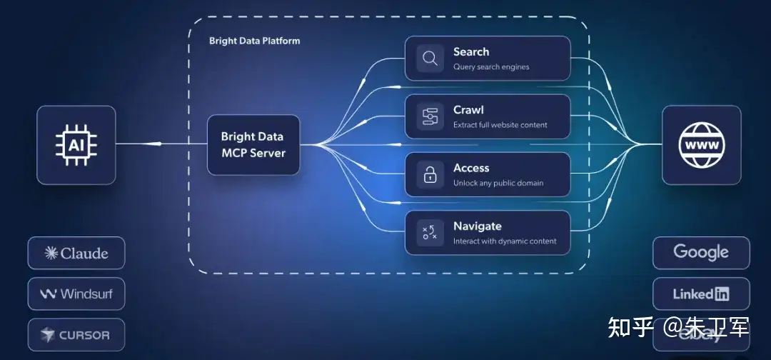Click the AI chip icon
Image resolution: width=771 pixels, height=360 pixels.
pyautogui.click(x=76, y=145)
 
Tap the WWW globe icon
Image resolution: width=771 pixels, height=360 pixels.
pyautogui.click(x=702, y=145)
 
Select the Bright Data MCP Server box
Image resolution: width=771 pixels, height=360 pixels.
pyautogui.click(x=253, y=145)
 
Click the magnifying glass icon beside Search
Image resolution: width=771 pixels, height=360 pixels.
pyautogui.click(x=430, y=59)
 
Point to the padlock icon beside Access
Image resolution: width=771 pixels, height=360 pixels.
pyautogui.click(x=430, y=174)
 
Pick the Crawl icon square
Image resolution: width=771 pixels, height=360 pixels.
pyautogui.click(x=430, y=116)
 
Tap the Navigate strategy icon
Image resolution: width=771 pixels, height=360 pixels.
pyautogui.click(x=430, y=232)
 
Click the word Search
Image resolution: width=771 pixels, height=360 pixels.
pyautogui.click(x=471, y=51)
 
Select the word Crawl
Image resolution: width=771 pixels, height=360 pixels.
pyautogui.click(x=468, y=110)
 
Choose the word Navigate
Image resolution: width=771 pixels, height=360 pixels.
pyautogui.click(x=477, y=226)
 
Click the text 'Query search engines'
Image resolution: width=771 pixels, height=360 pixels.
pyautogui.click(x=491, y=67)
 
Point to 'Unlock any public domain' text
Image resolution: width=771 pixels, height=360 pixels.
pyautogui.click(x=498, y=183)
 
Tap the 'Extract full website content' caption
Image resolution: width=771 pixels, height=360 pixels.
pyautogui.click(x=500, y=125)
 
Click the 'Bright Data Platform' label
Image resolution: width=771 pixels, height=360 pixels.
pyautogui.click(x=254, y=41)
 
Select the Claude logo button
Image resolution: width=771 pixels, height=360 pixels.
pyautogui.click(x=76, y=253)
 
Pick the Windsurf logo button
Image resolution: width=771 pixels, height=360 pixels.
pyautogui.click(x=76, y=294)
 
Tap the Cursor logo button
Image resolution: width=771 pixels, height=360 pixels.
pyautogui.click(x=76, y=334)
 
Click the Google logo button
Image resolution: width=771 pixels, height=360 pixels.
pyautogui.click(x=701, y=252)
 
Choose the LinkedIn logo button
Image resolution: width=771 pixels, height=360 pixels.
pyautogui.click(x=701, y=294)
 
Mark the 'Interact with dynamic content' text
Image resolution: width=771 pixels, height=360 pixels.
pyautogui.click(x=505, y=241)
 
